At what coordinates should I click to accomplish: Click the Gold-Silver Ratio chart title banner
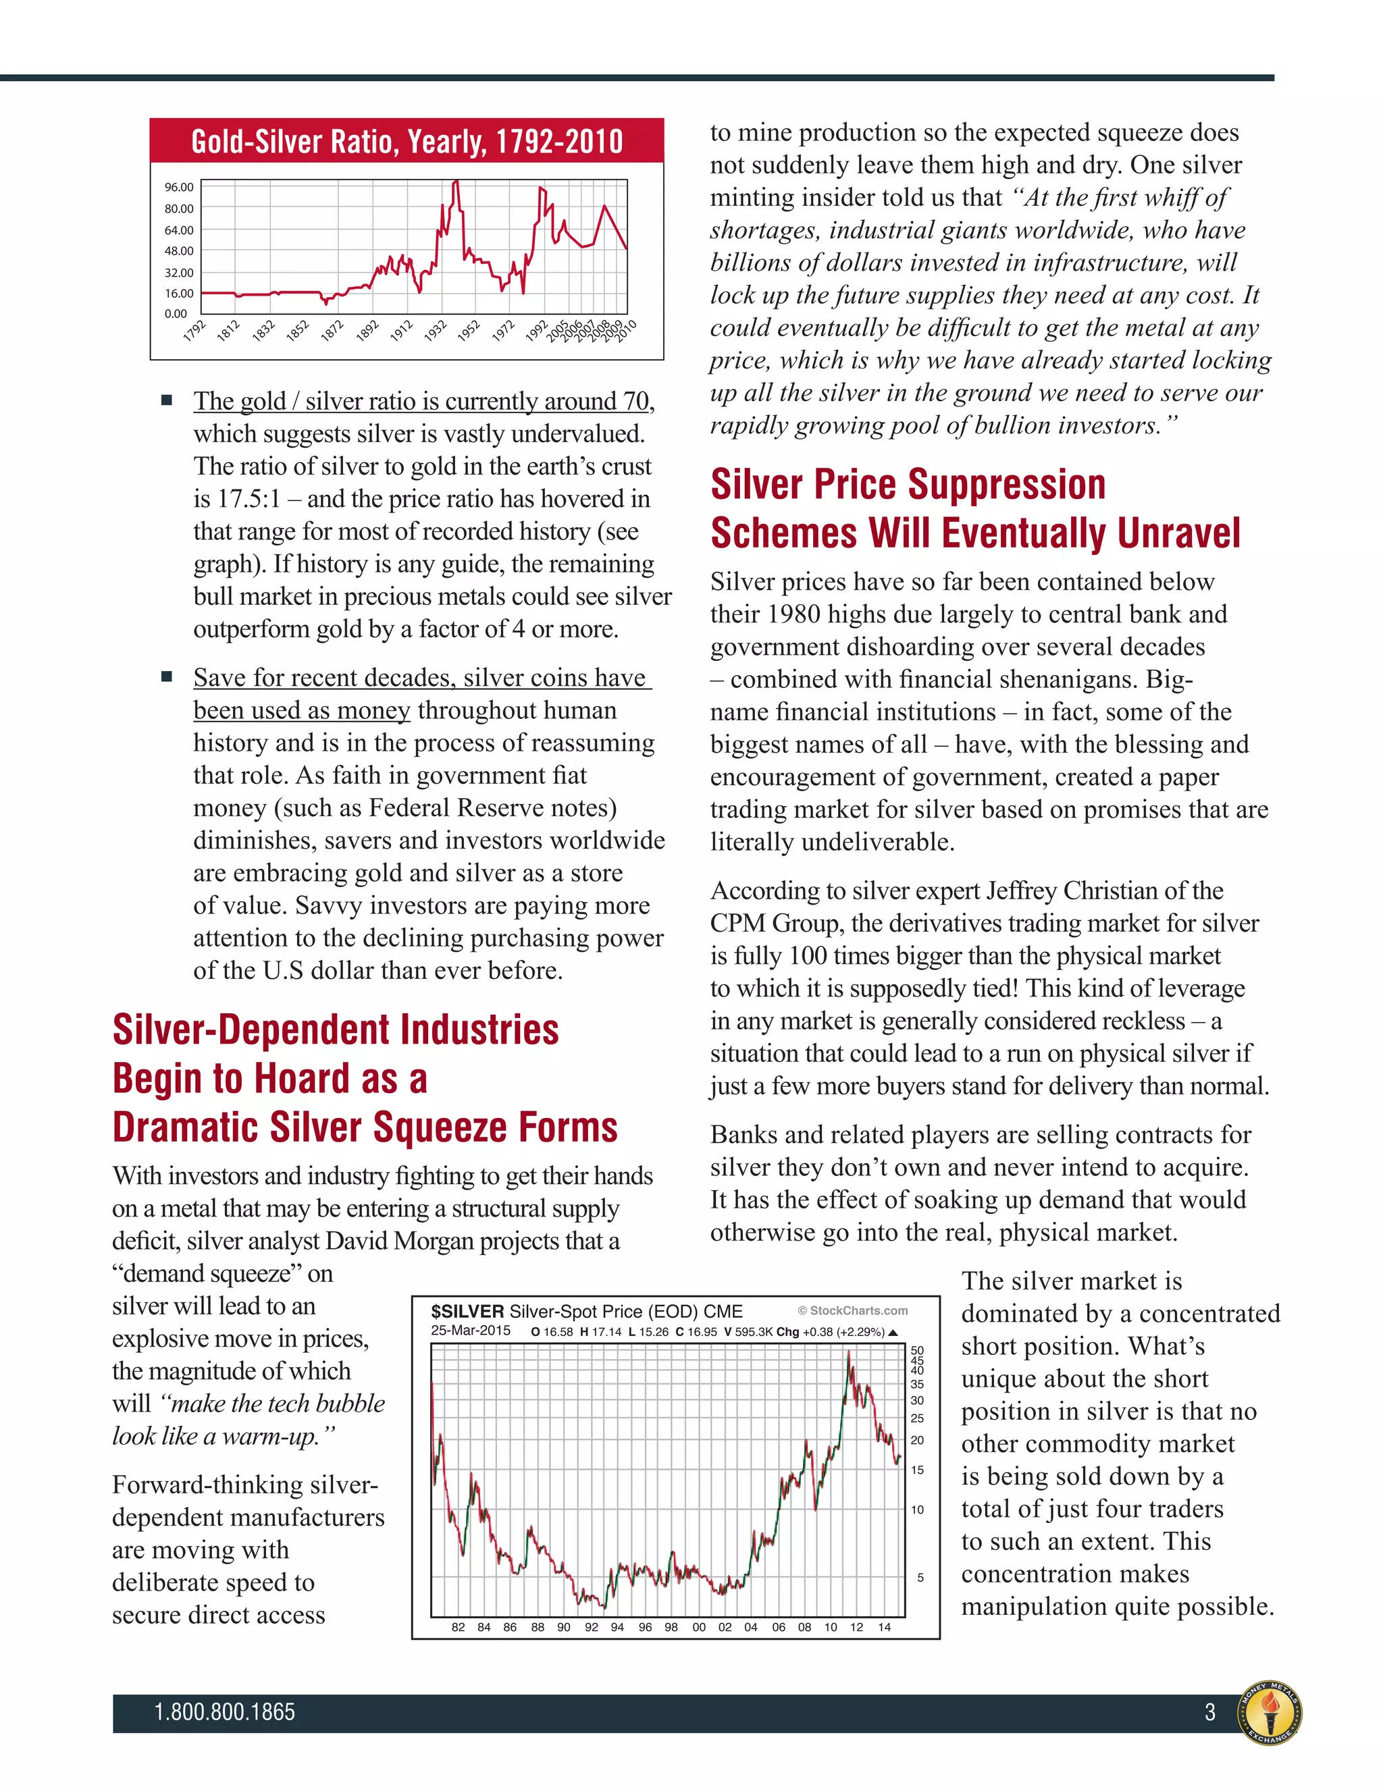pos(407,141)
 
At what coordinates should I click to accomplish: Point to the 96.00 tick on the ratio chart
pos(178,188)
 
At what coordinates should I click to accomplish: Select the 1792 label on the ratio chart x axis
pos(194,331)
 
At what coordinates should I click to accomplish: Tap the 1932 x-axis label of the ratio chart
pos(435,331)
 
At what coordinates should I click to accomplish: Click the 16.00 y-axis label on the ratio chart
pos(178,293)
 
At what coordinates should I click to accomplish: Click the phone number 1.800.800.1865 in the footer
pos(224,1712)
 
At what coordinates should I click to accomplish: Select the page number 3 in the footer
pos(1210,1712)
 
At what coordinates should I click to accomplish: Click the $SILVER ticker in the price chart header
pos(467,1312)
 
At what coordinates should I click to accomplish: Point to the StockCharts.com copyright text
pos(852,1310)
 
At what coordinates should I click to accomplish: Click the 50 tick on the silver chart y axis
pos(917,1350)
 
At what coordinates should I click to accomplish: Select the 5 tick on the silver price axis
pos(920,1577)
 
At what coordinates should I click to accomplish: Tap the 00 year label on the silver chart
pos(699,1627)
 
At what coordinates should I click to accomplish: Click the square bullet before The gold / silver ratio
pos(167,400)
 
